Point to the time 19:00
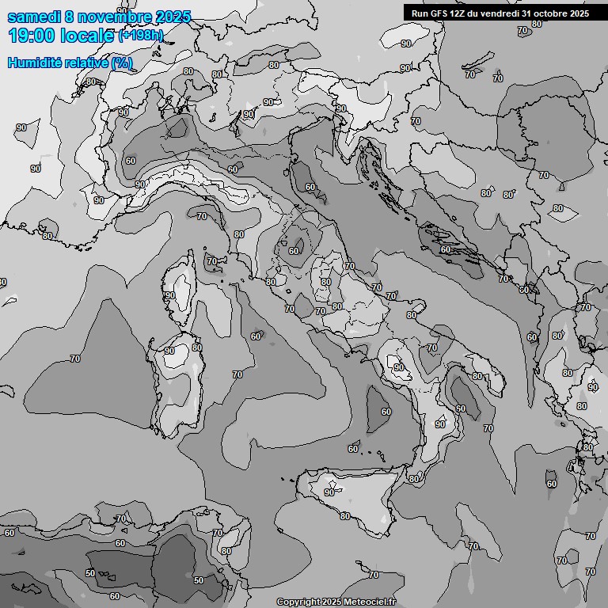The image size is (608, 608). [x=31, y=36]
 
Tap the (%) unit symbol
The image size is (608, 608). [x=123, y=63]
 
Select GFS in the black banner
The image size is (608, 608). [x=439, y=13]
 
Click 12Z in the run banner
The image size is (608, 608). [x=460, y=13]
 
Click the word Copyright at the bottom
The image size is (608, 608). [x=298, y=602]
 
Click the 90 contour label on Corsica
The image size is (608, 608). [x=170, y=295]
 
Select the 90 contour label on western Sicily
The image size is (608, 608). [x=329, y=492]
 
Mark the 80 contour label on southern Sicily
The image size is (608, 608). [x=344, y=516]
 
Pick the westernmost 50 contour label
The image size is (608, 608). [x=90, y=572]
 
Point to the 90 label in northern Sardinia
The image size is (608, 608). [x=169, y=351]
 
